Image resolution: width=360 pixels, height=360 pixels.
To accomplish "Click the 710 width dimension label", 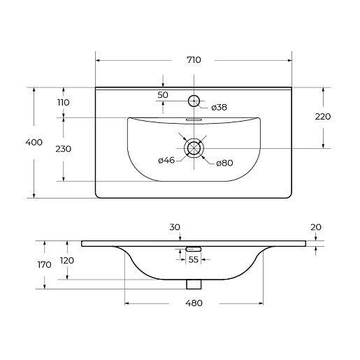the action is (194, 60).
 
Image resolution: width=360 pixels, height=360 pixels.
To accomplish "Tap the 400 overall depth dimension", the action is (34, 142).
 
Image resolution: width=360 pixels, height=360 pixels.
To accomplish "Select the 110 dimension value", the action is (64, 102).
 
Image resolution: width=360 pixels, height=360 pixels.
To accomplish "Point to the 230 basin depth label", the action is (64, 149).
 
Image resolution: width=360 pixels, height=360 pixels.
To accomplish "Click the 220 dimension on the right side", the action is (323, 117).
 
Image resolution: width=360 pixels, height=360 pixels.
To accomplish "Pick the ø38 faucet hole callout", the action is (219, 108).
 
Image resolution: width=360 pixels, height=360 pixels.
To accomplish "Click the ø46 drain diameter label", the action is (166, 160).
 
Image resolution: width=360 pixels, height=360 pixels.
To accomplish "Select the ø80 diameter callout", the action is (224, 163).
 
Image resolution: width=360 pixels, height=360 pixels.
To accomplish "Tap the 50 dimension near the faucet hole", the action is (163, 95).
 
